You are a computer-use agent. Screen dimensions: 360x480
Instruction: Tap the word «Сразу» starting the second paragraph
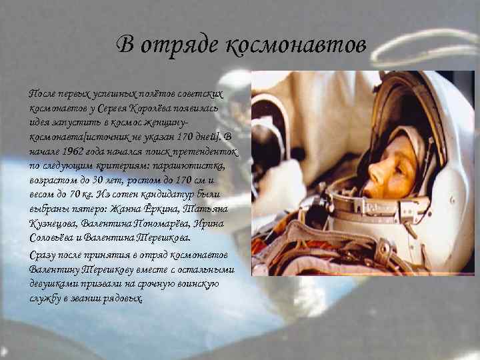[47, 255]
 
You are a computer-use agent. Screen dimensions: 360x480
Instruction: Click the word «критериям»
[123, 165]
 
